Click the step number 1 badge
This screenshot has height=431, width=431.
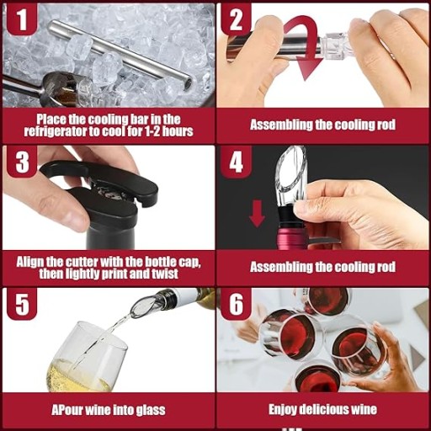click(x=22, y=19)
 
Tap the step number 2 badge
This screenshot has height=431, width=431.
click(x=236, y=19)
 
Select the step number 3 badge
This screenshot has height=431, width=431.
click(x=22, y=162)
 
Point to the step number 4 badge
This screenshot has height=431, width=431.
click(x=236, y=162)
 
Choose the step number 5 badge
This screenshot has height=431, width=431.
click(x=22, y=304)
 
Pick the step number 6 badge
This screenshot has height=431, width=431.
click(x=236, y=304)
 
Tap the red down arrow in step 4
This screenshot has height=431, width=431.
click(x=257, y=213)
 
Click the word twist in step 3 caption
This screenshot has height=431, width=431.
click(x=165, y=274)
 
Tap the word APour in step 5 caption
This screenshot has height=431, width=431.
click(x=67, y=410)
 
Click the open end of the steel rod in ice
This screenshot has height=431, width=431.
click(x=189, y=83)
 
